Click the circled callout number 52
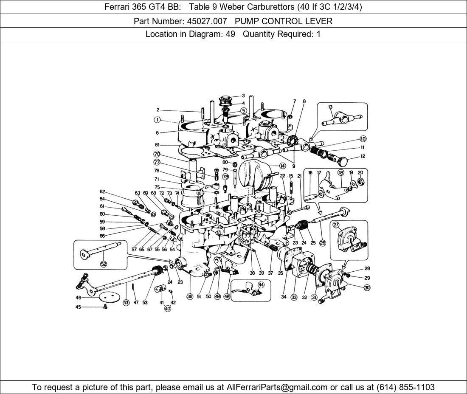coord(103,264)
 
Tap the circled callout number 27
coord(336,225)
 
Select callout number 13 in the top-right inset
coord(330,107)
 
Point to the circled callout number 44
coord(261,284)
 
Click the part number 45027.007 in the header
coord(207,21)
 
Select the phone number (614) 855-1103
coord(405,387)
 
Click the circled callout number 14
coord(282,166)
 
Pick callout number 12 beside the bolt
coord(363,156)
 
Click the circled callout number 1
coord(157,120)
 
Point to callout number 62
coord(102,191)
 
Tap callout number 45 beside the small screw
coord(78,307)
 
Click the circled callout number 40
coord(168,309)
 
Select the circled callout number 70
coord(157,154)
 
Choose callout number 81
coord(157,145)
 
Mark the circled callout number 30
coord(367,288)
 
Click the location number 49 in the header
coord(230,34)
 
